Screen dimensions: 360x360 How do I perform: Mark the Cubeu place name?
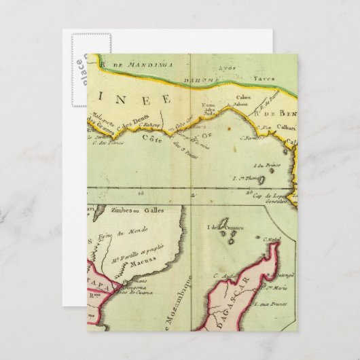click(x=243, y=98)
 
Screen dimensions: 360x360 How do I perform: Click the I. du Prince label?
click(x=261, y=164)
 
